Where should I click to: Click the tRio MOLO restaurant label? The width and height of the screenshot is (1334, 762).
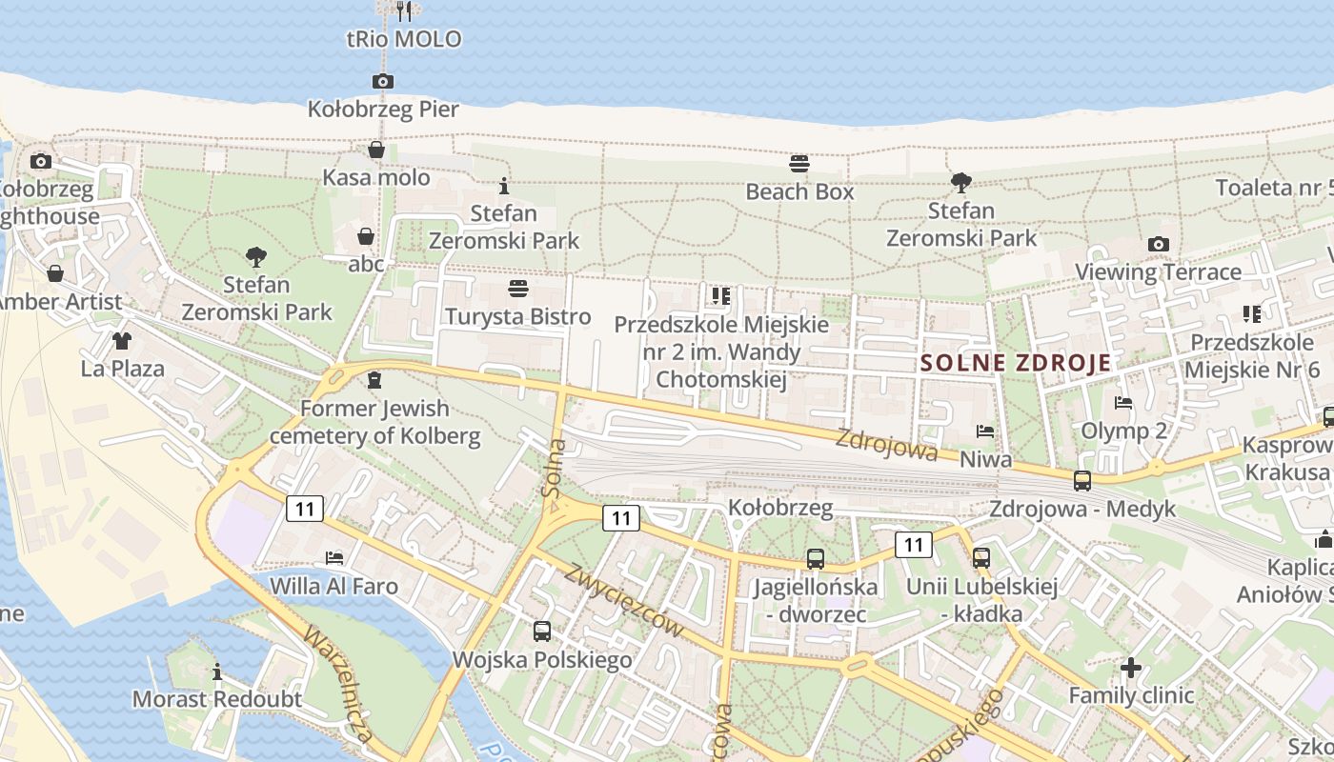tap(404, 39)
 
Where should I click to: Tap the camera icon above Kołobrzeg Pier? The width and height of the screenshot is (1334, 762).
tap(382, 82)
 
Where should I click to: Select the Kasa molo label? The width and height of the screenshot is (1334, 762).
tap(376, 177)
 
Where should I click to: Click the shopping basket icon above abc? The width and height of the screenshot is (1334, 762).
tap(366, 236)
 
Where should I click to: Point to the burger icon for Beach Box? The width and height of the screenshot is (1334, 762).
tap(799, 164)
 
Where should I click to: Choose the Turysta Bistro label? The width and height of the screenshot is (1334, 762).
tap(518, 316)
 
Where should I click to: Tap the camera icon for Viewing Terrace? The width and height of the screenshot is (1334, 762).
tap(1159, 245)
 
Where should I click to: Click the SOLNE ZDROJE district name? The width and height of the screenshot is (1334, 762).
tap(1017, 363)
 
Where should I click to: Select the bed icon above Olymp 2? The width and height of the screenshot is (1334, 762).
tap(1123, 403)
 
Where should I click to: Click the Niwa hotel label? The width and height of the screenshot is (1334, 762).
tap(985, 460)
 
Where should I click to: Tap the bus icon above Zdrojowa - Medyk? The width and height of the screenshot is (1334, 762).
tap(1081, 481)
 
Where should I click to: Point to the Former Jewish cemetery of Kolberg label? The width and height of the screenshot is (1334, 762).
tap(374, 422)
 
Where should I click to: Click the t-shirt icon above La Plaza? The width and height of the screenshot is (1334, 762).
tap(122, 341)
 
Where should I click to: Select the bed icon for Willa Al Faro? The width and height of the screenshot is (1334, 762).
tap(333, 558)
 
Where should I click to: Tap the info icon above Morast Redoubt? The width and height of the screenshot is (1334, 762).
tap(217, 672)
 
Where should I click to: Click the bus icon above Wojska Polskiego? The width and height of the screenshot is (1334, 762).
tap(542, 631)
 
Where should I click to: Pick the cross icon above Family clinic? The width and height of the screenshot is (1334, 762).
tap(1131, 668)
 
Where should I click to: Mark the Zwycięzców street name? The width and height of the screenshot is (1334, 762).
tap(624, 601)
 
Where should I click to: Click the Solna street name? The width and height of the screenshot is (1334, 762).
tap(554, 468)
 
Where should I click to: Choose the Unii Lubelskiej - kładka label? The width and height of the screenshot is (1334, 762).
tap(982, 600)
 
